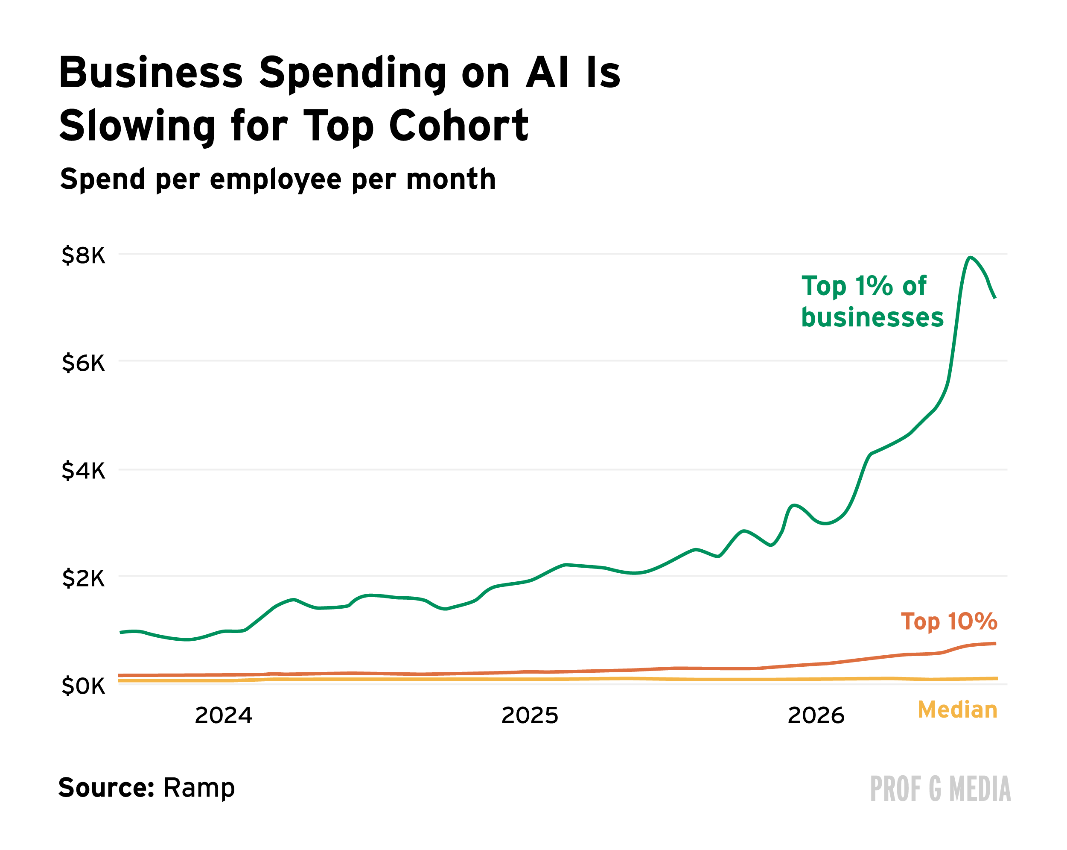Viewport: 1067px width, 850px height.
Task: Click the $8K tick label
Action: [x=83, y=255]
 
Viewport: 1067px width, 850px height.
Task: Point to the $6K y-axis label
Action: [x=83, y=363]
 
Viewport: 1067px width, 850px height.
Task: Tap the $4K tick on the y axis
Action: [x=83, y=471]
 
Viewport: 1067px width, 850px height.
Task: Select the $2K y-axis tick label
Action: [x=83, y=578]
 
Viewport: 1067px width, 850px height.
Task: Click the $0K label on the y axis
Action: [x=83, y=686]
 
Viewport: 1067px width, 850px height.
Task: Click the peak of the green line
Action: [x=971, y=258]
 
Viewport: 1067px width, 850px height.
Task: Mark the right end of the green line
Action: [x=995, y=297]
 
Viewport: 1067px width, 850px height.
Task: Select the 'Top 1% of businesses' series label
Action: [x=872, y=301]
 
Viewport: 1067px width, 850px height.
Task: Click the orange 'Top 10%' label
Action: [x=949, y=621]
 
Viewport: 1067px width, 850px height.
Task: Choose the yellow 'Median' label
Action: [x=957, y=709]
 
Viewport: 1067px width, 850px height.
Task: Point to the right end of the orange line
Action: [x=995, y=643]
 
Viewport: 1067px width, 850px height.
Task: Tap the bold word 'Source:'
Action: [x=107, y=787]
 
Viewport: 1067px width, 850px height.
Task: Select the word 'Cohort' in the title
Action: [x=459, y=126]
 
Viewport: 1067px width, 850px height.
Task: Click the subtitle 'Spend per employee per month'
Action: [x=278, y=179]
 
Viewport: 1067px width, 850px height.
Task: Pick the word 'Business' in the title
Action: [x=151, y=73]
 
